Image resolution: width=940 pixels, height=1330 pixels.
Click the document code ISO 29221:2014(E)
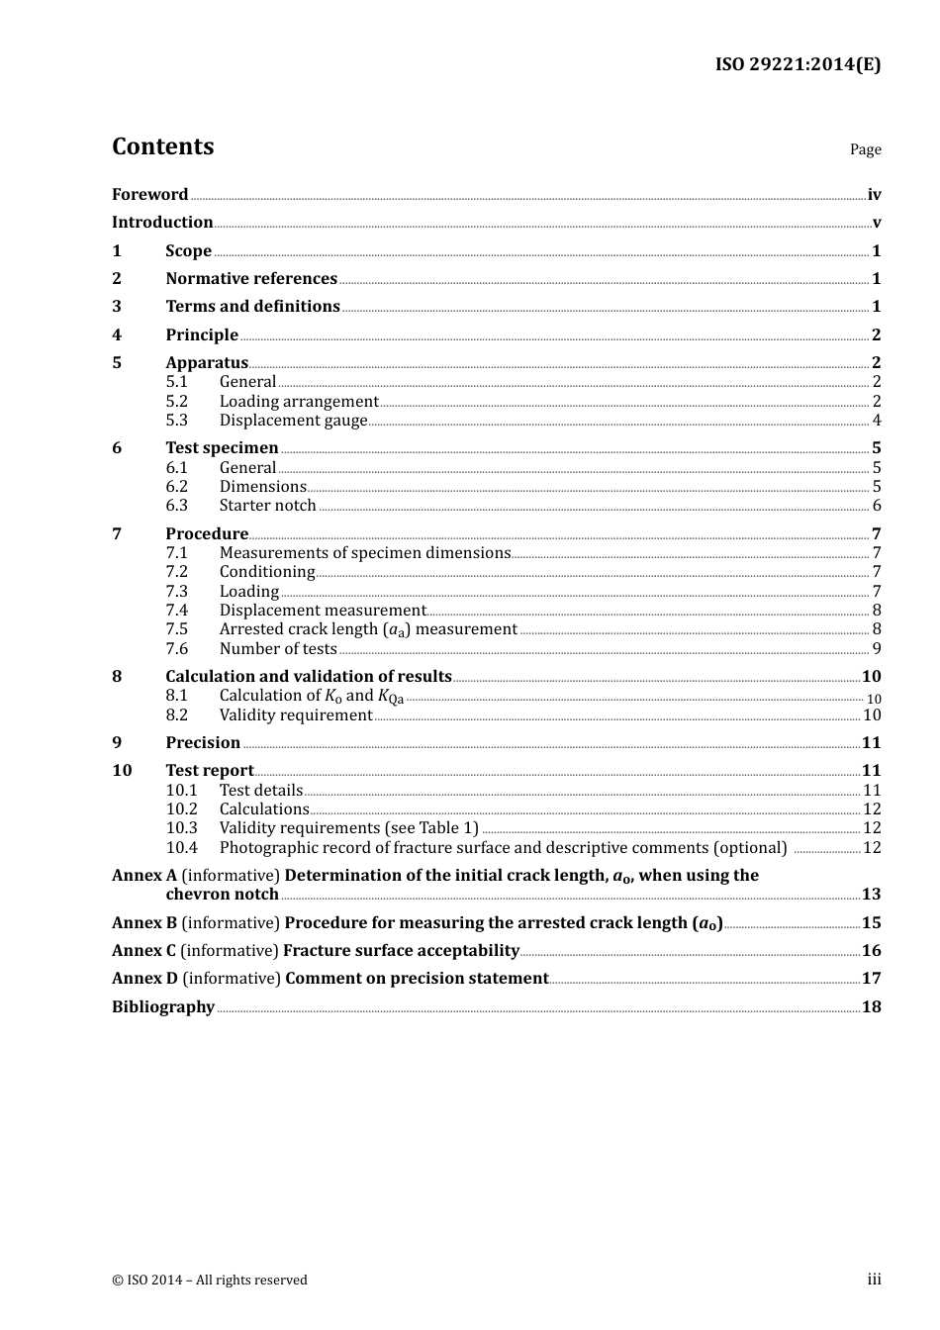(798, 65)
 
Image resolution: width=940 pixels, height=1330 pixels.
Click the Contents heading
(162, 146)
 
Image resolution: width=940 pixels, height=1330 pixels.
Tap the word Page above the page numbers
(865, 149)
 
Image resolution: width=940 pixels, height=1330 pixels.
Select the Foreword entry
(149, 195)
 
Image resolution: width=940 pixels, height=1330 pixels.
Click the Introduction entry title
(162, 223)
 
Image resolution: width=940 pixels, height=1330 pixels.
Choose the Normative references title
(251, 279)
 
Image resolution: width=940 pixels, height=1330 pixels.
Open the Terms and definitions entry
(252, 307)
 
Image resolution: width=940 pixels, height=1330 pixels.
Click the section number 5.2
(176, 402)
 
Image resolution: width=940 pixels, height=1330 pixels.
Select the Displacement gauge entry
(293, 421)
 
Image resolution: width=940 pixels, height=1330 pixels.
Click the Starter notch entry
(267, 506)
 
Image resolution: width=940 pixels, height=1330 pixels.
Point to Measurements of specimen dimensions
(364, 553)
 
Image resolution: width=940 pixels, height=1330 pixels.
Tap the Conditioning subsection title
(266, 572)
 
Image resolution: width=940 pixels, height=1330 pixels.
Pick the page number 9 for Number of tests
(876, 649)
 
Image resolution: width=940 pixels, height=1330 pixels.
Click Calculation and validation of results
(308, 677)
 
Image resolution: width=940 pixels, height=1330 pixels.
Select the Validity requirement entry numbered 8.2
(295, 715)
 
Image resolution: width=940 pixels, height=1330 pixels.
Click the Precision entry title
(203, 743)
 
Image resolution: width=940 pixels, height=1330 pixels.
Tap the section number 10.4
(181, 848)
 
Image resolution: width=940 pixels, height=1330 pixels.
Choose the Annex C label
(143, 951)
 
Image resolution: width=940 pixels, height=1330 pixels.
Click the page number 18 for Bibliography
(871, 1007)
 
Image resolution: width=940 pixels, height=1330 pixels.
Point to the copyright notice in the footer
(210, 1281)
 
